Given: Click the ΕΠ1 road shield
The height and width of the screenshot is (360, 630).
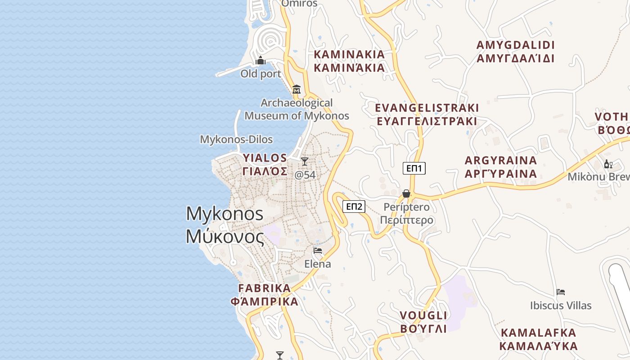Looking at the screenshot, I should (414, 168).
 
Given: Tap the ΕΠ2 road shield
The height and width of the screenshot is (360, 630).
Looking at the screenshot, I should (354, 207).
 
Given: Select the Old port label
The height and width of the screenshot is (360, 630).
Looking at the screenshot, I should (261, 74).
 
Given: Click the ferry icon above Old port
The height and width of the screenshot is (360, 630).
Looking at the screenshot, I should (261, 61).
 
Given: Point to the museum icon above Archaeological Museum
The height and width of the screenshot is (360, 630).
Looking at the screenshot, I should (297, 90).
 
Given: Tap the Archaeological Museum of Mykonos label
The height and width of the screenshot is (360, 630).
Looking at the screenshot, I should (297, 109).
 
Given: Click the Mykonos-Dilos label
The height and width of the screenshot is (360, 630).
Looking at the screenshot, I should (236, 139).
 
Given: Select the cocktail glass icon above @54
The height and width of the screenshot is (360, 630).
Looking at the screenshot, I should (305, 162).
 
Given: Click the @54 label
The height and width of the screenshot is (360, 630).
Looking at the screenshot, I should (305, 175).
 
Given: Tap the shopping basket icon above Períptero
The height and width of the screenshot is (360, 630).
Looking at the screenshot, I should (406, 193).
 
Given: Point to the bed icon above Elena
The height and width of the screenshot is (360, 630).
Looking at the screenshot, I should (318, 251).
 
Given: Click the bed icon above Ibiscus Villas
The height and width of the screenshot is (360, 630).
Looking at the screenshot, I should (561, 292).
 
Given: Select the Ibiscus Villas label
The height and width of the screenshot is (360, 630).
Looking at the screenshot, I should (561, 306).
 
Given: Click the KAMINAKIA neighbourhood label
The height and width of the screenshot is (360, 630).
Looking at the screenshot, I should (349, 61).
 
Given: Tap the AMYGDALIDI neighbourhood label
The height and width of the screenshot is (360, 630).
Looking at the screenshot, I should (515, 52).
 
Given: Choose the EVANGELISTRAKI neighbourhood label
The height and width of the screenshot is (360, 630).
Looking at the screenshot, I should (427, 114).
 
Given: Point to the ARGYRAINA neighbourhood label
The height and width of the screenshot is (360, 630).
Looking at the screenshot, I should (501, 167).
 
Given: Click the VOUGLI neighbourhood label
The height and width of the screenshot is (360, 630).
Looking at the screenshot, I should (423, 322).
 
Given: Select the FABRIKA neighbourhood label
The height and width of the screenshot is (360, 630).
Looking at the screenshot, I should (265, 295).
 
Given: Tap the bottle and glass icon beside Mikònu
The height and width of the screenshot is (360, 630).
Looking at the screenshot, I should (608, 164).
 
